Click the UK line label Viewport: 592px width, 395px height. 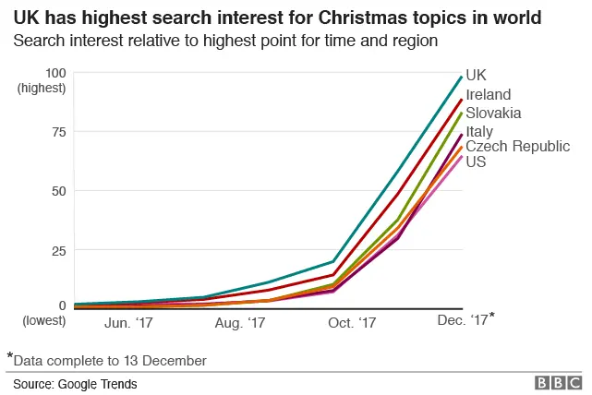pos(476,76)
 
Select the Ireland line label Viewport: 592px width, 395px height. pos(489,94)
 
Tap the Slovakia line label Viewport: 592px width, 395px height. pos(494,113)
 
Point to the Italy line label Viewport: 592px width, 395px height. pos(479,131)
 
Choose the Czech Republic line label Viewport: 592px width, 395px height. pos(517,147)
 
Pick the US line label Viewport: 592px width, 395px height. pos(476,162)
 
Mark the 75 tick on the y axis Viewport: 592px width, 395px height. pos(58,132)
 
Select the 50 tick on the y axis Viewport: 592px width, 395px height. pos(58,191)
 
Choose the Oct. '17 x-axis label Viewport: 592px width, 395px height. pos(353,323)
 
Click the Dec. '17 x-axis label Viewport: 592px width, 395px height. pos(462,321)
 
